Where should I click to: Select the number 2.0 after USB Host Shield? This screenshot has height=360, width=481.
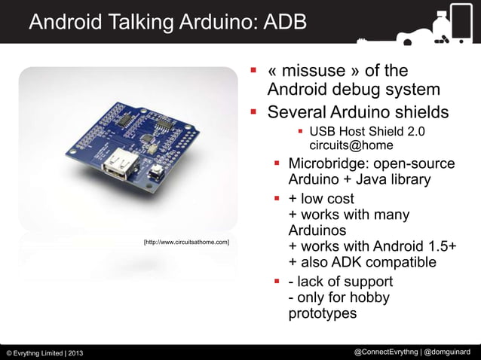pyautogui.click(x=415, y=132)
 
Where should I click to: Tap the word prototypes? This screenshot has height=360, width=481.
pyautogui.click(x=323, y=315)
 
